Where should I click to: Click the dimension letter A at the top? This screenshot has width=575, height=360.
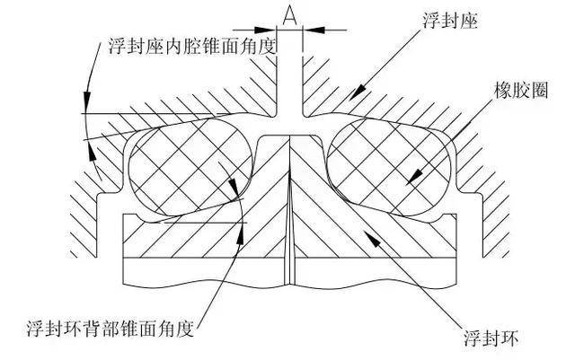coord(289,15)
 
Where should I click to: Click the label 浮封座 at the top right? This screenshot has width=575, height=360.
coord(450,21)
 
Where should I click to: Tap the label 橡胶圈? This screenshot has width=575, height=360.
coord(521,90)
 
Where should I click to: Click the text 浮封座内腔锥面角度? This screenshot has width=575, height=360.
coord(191,46)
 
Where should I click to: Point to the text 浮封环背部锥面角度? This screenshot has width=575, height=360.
coord(110,328)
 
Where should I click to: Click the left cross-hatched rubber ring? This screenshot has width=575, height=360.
coord(190,166)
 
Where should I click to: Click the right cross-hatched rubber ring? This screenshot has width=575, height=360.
coord(390,166)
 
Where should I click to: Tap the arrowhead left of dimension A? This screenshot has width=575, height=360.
coord(265,30)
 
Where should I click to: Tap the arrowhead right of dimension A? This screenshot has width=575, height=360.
coord(314,30)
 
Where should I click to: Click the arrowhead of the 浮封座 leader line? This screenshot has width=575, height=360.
coord(357,92)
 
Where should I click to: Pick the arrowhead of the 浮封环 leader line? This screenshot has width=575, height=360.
coord(371,238)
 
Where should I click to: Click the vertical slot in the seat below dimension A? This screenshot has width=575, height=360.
coord(289,88)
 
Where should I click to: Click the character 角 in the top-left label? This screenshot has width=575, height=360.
coord(248,46)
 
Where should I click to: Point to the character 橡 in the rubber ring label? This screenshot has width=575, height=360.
coord(503,90)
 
